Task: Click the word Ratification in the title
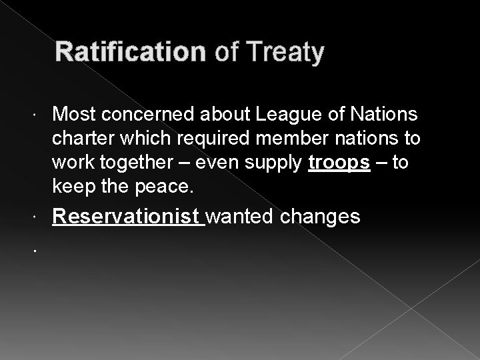tap(130, 52)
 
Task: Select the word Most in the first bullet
tap(73, 115)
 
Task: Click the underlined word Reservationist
tap(127, 217)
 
